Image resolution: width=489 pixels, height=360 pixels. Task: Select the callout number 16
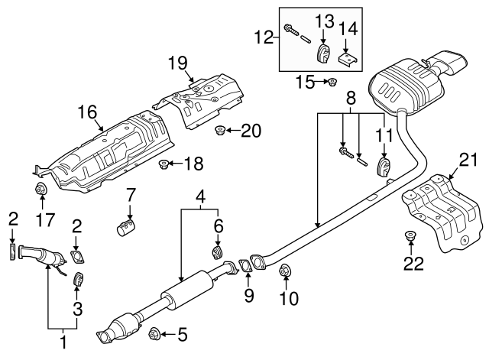[86, 112]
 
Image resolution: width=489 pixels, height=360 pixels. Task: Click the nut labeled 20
[221, 130]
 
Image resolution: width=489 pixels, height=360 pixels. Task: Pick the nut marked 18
[163, 164]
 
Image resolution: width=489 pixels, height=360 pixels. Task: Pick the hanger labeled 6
[217, 252]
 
